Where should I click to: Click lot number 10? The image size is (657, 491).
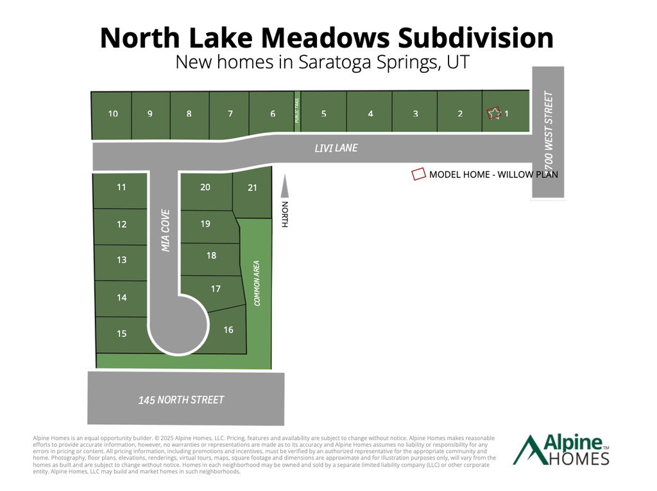click(x=113, y=114)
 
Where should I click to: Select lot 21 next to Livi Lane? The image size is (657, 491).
click(x=252, y=188)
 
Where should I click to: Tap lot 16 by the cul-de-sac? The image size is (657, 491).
click(x=228, y=330)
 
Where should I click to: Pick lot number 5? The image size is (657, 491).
click(x=324, y=114)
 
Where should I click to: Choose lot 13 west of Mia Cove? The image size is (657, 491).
click(x=122, y=260)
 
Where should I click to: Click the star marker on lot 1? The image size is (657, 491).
click(x=493, y=113)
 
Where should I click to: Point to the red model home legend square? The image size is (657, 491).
click(x=419, y=174)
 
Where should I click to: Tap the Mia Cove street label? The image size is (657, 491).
click(x=165, y=230)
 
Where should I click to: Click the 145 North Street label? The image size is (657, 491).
click(x=182, y=400)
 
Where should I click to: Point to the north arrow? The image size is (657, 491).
click(x=285, y=190)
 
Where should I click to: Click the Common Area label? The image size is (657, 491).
click(x=257, y=283)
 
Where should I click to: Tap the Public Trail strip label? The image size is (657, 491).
click(x=297, y=110)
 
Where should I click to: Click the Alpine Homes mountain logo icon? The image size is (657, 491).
click(x=527, y=450)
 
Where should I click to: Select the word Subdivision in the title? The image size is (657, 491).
click(x=476, y=38)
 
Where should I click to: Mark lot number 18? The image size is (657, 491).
click(x=211, y=256)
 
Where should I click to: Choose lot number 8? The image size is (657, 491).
click(x=189, y=114)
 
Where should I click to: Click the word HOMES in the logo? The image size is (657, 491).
click(x=577, y=458)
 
